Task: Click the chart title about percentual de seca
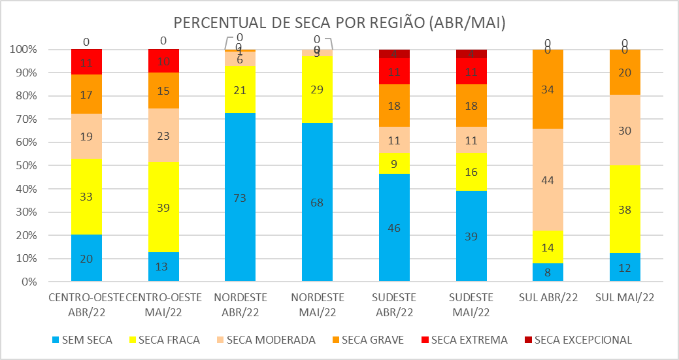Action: pyautogui.click(x=340, y=22)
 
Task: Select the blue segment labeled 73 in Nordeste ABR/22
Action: pyautogui.click(x=240, y=197)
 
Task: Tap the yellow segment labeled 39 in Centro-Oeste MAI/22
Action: pyautogui.click(x=163, y=207)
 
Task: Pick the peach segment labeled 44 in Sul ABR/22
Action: pyautogui.click(x=548, y=180)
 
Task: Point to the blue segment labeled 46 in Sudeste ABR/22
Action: pyautogui.click(x=394, y=227)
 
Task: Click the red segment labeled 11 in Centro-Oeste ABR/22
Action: pyautogui.click(x=86, y=62)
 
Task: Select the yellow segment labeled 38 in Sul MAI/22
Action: pyautogui.click(x=624, y=209)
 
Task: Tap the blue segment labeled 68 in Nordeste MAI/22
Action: pyautogui.click(x=317, y=202)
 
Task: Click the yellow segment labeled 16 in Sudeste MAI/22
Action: pyautogui.click(x=471, y=172)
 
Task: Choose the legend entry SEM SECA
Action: pyautogui.click(x=83, y=340)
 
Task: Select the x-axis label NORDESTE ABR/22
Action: pyautogui.click(x=240, y=304)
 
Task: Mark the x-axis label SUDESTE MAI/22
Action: pyautogui.click(x=471, y=304)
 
